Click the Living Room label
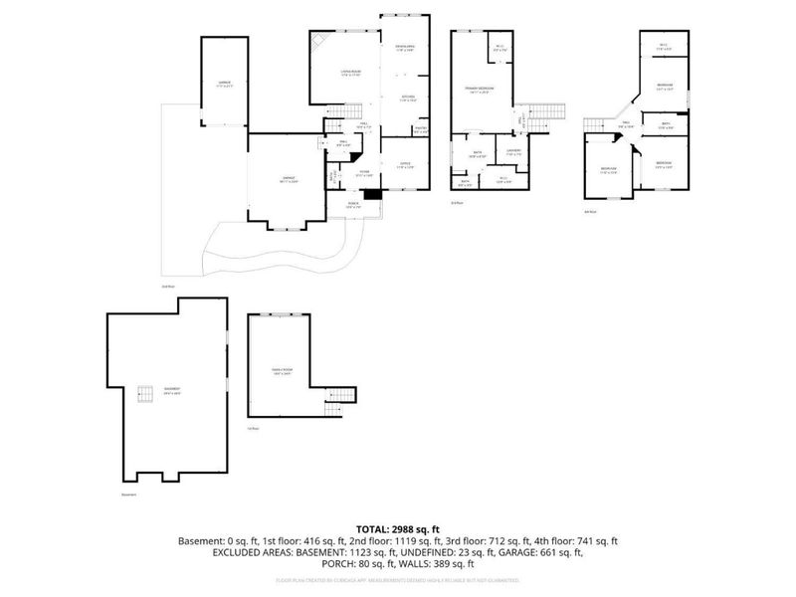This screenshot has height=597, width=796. point(350,73)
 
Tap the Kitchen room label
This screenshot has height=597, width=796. point(408,98)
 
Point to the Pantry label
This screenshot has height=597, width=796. point(420,129)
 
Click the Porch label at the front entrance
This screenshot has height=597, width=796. point(353,204)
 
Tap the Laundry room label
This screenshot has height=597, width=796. point(513,152)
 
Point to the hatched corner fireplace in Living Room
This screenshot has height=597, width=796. point(318,42)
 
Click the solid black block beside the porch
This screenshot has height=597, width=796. point(372,195)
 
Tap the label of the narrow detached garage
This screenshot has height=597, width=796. point(225,84)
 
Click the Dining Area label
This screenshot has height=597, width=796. point(405,49)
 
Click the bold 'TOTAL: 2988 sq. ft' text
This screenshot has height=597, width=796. point(398,529)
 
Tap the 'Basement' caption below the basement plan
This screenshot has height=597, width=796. point(128,495)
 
